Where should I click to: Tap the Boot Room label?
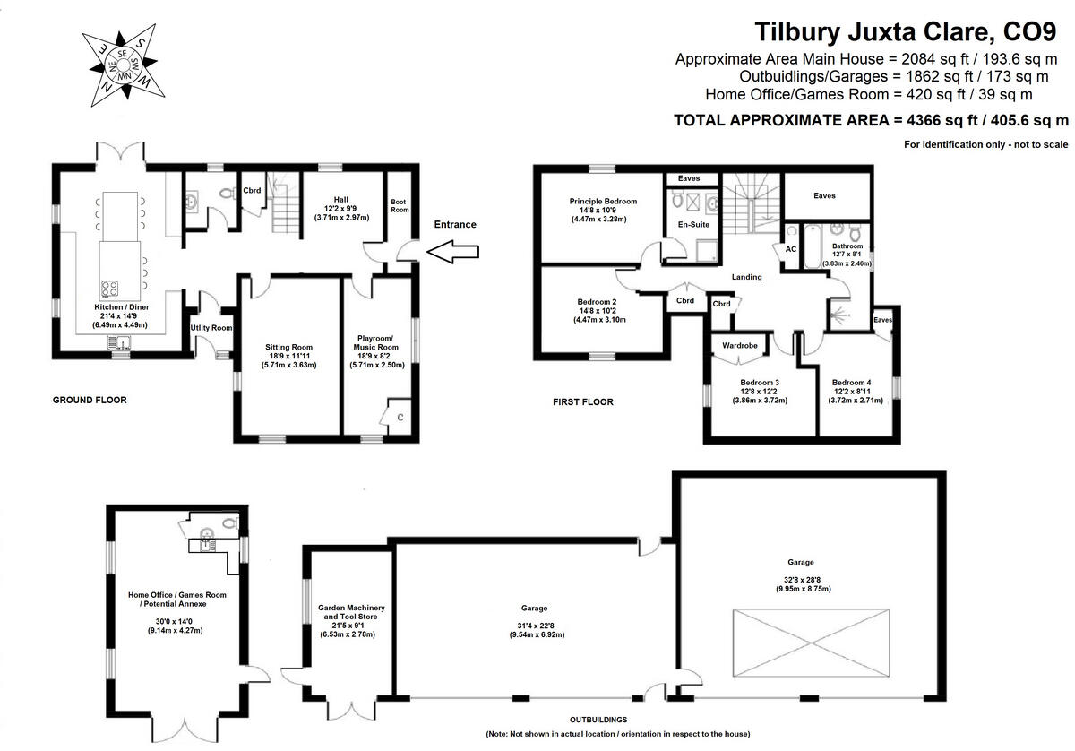[x=400, y=205]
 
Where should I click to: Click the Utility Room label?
[x=211, y=328]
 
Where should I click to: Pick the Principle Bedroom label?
[x=603, y=202]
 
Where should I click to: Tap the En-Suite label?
[x=692, y=225]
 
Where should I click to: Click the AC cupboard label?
[x=790, y=249]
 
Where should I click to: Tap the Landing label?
[x=746, y=277]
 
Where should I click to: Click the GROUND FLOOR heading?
[x=90, y=401]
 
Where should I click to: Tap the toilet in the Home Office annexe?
[x=230, y=523]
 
